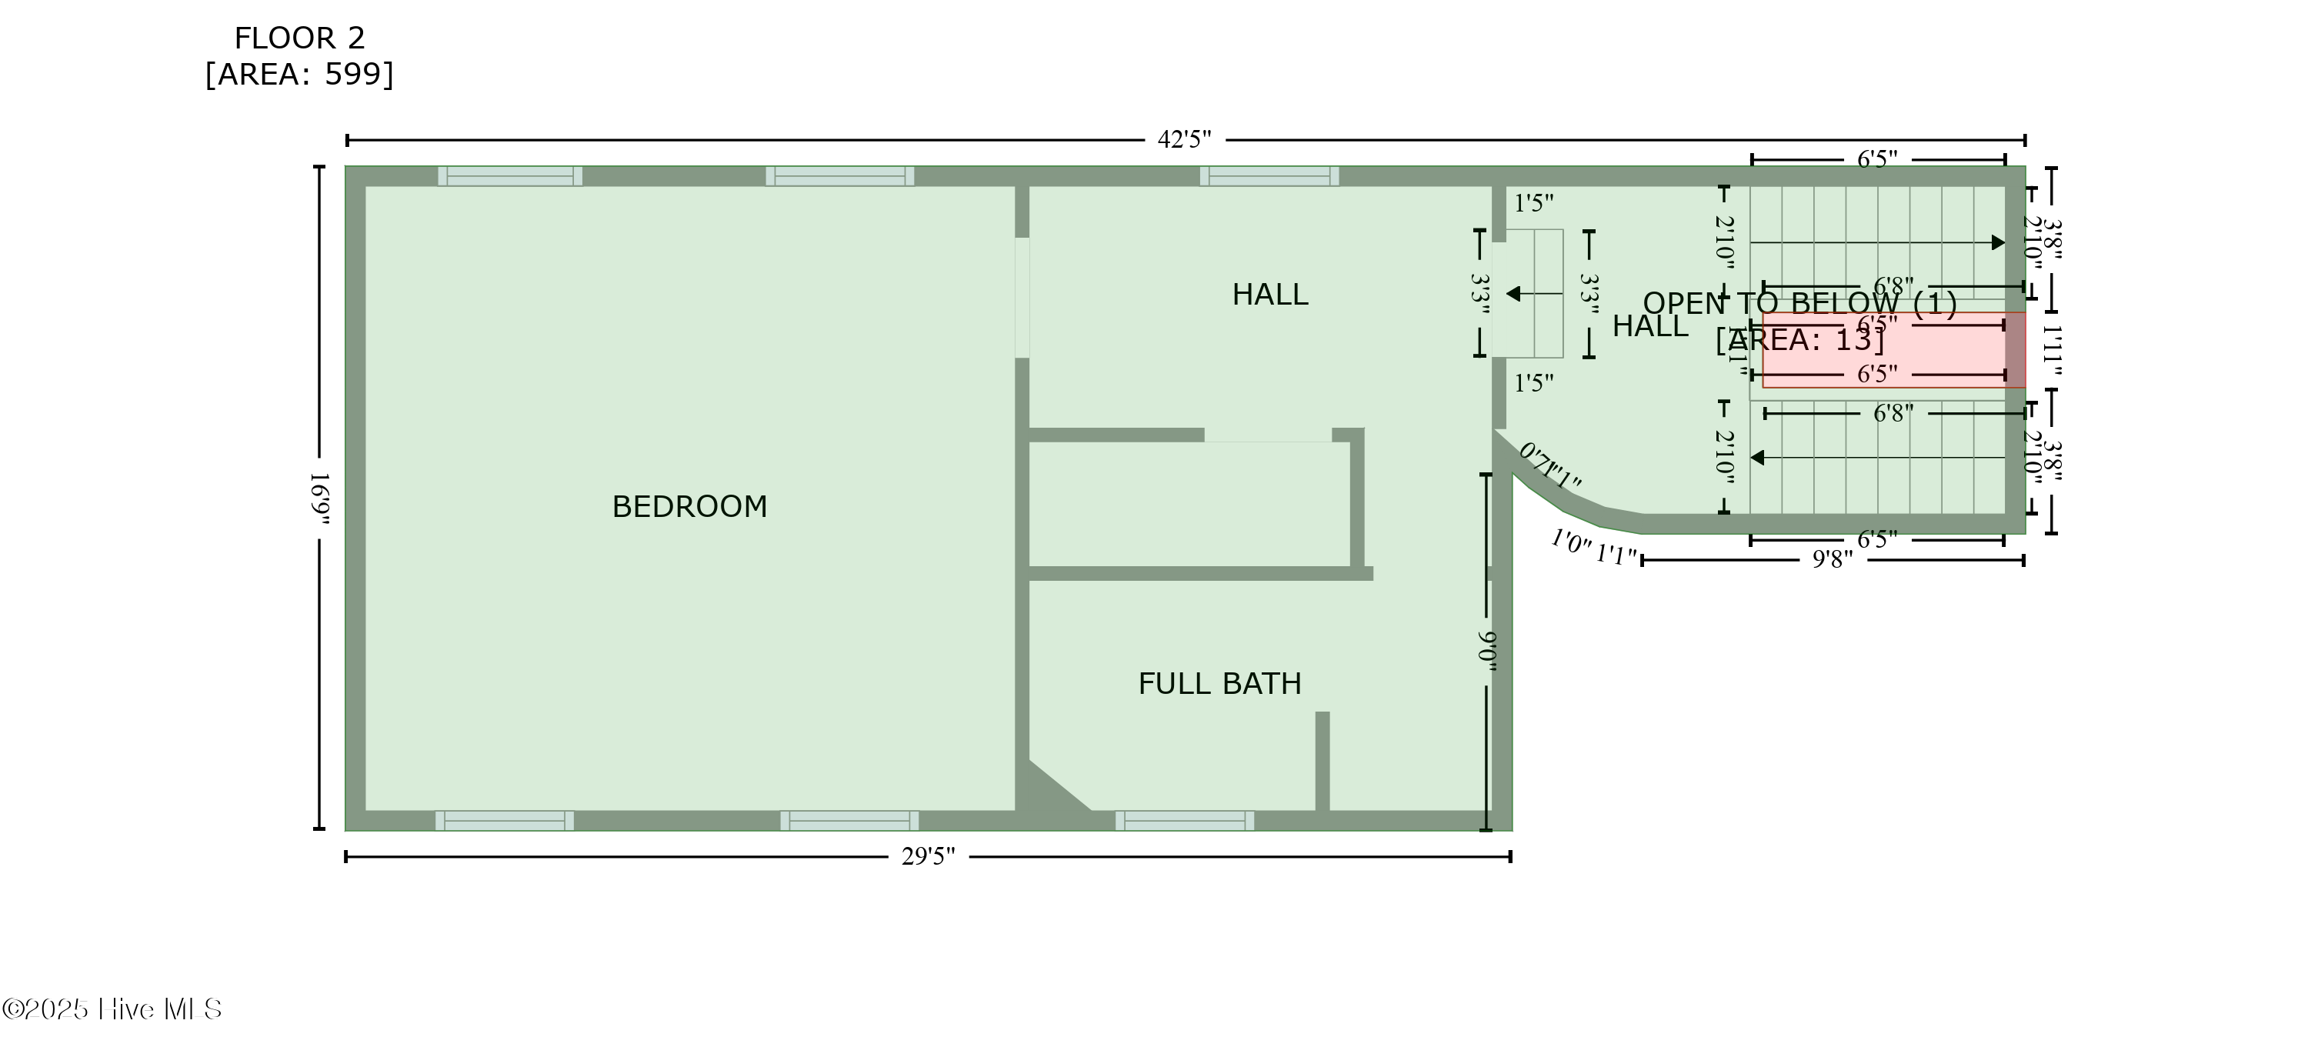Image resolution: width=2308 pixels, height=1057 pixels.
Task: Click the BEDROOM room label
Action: click(x=689, y=507)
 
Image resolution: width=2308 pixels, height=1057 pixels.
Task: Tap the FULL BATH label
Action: click(x=1219, y=685)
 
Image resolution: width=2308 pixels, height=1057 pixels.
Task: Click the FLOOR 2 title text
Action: click(x=299, y=38)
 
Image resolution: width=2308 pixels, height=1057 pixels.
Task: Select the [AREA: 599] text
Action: click(x=299, y=75)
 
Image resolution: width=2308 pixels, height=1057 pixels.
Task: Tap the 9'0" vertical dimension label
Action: click(x=1486, y=652)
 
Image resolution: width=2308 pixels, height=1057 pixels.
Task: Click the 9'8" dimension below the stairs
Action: click(x=1833, y=560)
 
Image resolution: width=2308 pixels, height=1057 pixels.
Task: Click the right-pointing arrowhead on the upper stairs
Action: click(x=1997, y=243)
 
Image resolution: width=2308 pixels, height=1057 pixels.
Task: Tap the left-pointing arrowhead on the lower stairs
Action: click(x=1758, y=458)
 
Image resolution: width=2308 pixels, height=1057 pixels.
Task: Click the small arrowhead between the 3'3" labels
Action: click(x=1513, y=294)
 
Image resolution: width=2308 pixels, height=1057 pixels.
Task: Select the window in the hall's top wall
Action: click(x=1269, y=176)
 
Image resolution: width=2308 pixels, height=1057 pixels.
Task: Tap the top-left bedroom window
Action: click(x=510, y=176)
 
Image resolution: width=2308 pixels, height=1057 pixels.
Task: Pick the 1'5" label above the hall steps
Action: click(x=1533, y=203)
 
